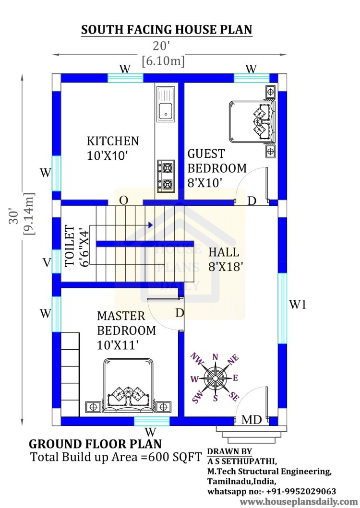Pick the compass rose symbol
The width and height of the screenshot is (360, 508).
click(x=215, y=378)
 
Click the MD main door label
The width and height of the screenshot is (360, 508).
click(x=251, y=420)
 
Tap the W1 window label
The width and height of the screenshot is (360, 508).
click(x=298, y=305)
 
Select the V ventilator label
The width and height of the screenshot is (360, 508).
click(x=47, y=262)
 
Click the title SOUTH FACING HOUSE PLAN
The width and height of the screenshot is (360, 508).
click(x=167, y=30)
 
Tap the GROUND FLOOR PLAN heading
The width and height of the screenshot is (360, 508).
click(x=96, y=444)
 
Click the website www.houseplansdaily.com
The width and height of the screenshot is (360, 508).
click(x=299, y=502)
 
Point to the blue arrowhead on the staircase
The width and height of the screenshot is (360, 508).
click(x=151, y=224)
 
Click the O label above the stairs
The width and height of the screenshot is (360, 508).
click(x=123, y=201)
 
